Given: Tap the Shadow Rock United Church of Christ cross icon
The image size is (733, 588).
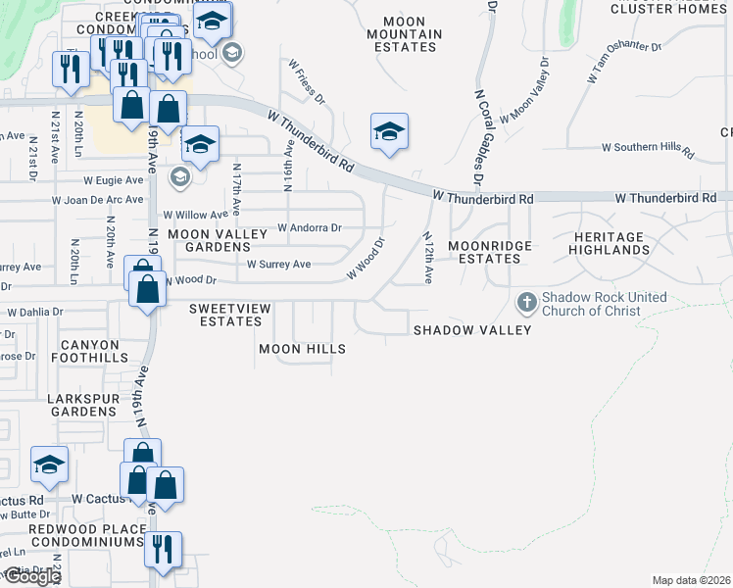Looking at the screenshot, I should (526, 303).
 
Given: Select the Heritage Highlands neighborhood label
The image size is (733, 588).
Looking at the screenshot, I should (610, 243).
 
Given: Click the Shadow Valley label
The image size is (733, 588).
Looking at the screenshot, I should (471, 330).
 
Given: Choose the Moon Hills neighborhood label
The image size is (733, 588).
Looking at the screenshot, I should (302, 349).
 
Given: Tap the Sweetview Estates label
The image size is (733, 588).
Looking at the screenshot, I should (229, 315).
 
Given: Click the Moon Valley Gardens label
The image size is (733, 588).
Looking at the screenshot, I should (217, 241).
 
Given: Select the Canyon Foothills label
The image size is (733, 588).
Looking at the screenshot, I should (73, 351).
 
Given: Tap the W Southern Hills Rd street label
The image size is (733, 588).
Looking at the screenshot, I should (648, 148).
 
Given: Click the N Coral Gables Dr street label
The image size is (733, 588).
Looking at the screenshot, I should (478, 137).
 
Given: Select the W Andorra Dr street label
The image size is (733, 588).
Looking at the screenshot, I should (310, 227).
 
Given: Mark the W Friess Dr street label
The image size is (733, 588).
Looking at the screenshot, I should (306, 81).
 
